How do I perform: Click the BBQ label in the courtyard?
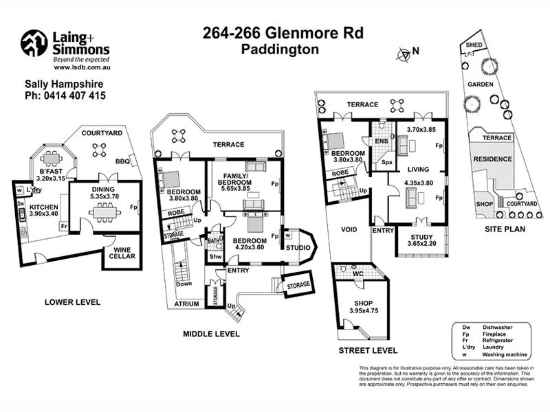[x=123, y=161]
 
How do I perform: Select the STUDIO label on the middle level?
[x=298, y=248]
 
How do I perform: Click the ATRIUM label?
[x=186, y=304]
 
